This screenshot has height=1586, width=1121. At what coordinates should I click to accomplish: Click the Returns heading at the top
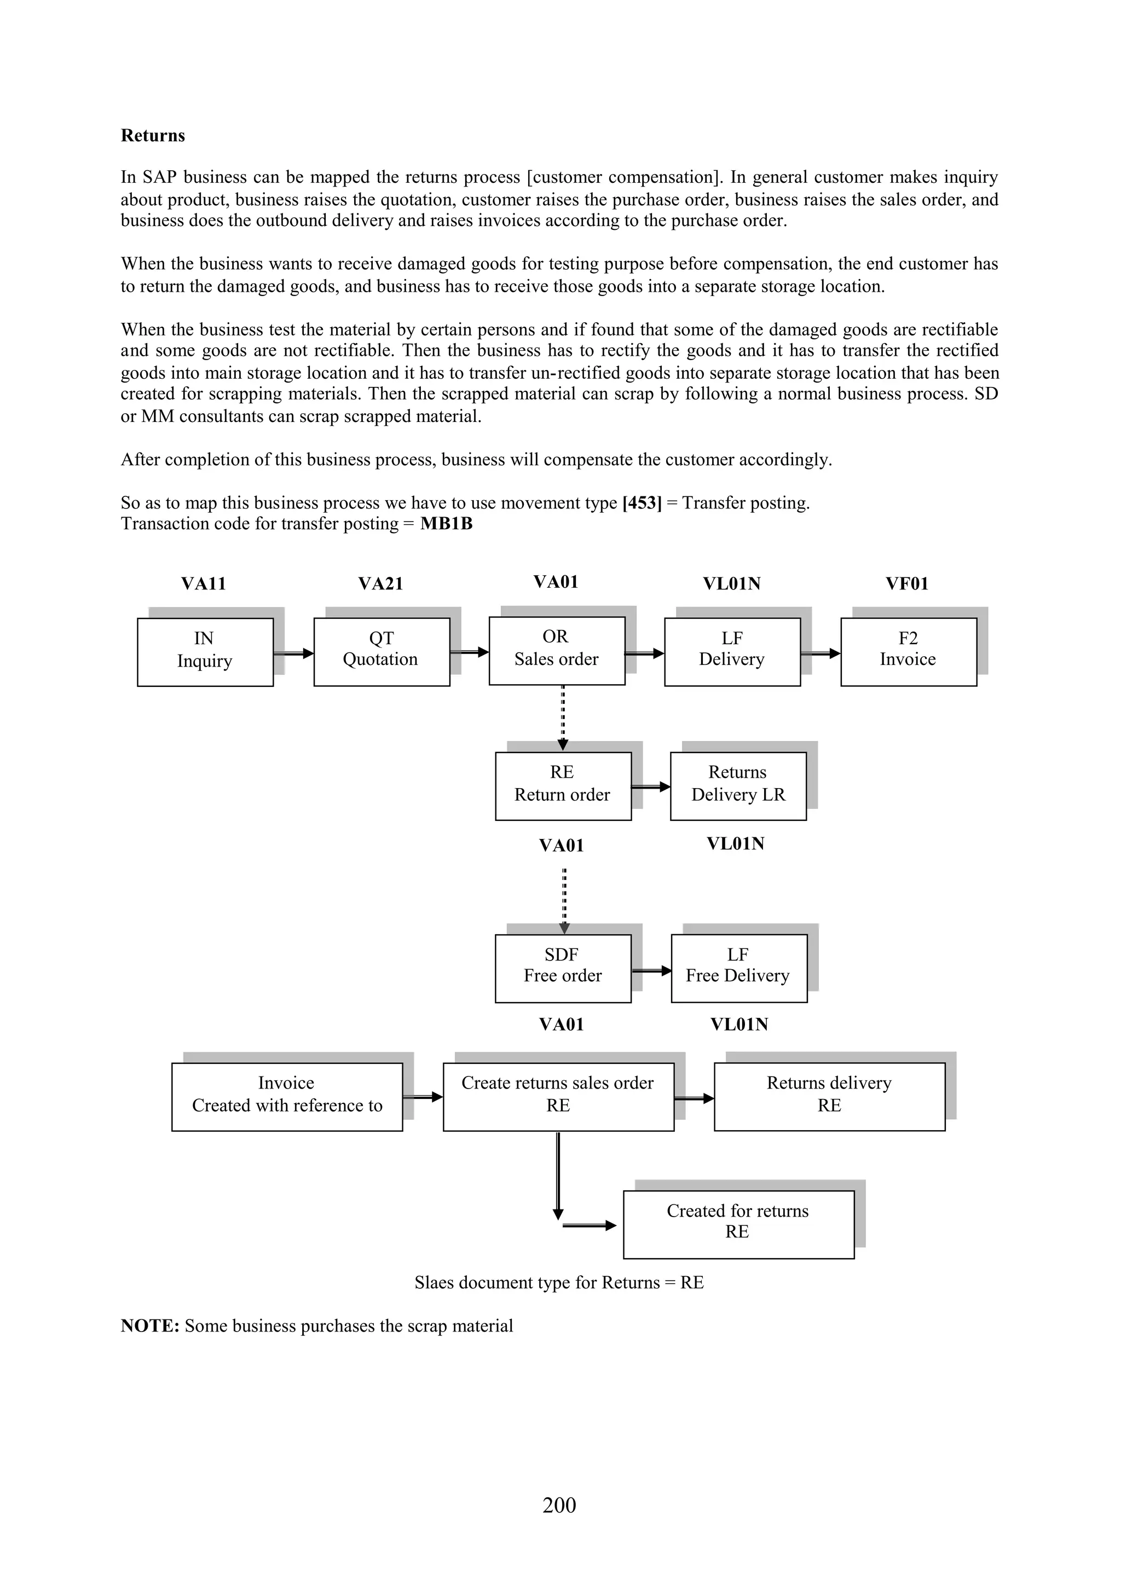(153, 135)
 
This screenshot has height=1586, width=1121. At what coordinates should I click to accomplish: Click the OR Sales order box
(557, 650)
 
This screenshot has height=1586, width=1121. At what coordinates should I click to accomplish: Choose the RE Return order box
(563, 785)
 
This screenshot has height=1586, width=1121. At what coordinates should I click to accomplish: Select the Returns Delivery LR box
(738, 785)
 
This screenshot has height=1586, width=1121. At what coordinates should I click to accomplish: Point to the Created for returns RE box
(738, 1224)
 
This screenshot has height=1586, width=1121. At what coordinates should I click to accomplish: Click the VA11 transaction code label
(204, 584)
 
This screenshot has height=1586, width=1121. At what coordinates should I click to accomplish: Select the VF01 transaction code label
(908, 584)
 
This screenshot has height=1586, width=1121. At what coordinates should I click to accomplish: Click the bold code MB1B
(446, 524)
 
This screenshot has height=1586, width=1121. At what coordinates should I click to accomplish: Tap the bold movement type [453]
(642, 503)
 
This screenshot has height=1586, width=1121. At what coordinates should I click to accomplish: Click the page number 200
(559, 1504)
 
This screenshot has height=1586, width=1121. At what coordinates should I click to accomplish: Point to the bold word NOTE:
(150, 1325)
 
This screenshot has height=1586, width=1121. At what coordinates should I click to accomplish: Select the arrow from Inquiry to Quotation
(293, 653)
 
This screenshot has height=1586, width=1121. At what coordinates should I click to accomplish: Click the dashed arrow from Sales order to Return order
(563, 717)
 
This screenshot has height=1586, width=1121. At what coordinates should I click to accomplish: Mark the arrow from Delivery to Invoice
(820, 653)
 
